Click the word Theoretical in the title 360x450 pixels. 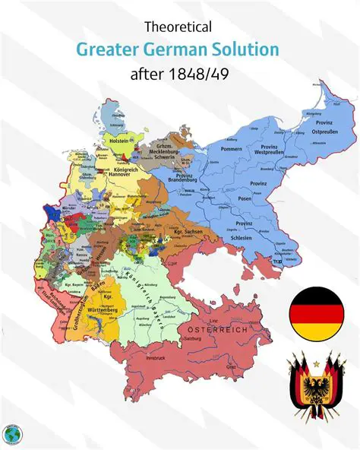[x=178, y=27]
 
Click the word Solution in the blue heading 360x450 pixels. [x=243, y=50]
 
